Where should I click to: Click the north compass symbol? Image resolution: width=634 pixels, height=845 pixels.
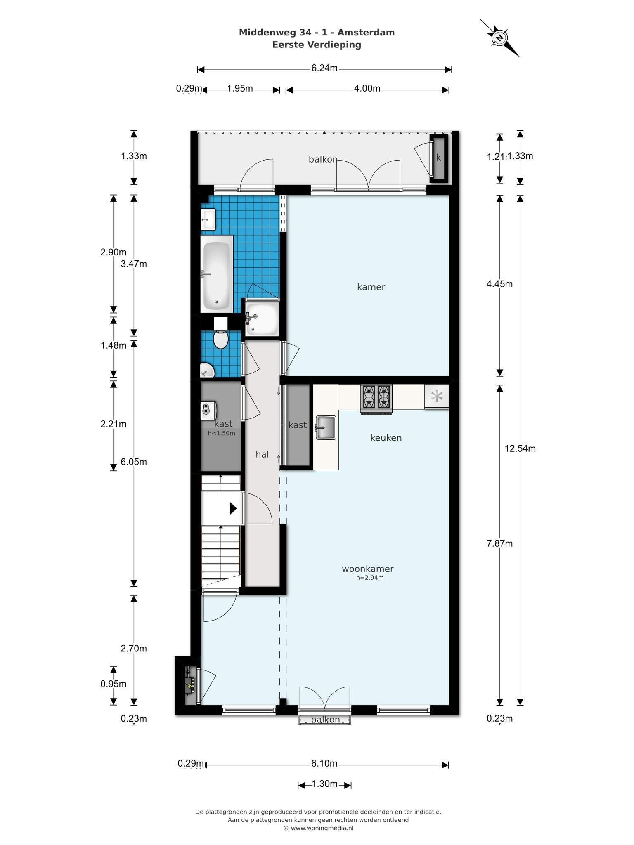[499, 38]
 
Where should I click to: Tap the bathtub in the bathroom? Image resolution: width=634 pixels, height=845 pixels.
[217, 274]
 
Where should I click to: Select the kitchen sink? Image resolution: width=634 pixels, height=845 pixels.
[326, 427]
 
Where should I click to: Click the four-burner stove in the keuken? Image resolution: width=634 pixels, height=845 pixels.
[376, 399]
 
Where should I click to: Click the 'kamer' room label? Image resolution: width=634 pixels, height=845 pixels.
[371, 287]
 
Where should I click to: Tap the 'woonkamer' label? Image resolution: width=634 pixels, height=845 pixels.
[368, 569]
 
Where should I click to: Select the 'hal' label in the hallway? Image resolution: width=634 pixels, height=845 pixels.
[262, 454]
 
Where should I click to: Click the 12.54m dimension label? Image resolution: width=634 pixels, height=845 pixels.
[520, 448]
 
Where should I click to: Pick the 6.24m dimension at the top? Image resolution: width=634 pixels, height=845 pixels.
[324, 68]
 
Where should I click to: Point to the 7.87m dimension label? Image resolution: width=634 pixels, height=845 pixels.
[499, 543]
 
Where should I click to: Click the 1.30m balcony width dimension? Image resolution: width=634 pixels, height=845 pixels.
[325, 784]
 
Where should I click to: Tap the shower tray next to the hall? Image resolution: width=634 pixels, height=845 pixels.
[262, 319]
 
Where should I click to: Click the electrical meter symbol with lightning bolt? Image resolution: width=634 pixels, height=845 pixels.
[189, 682]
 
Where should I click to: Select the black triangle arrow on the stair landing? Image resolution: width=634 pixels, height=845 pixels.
[233, 508]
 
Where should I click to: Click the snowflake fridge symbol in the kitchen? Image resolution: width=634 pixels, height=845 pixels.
[437, 397]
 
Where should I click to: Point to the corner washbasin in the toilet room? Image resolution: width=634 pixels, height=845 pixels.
[207, 370]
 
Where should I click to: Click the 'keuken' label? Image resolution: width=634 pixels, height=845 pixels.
[386, 438]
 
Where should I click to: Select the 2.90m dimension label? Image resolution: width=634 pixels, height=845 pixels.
[114, 252]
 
